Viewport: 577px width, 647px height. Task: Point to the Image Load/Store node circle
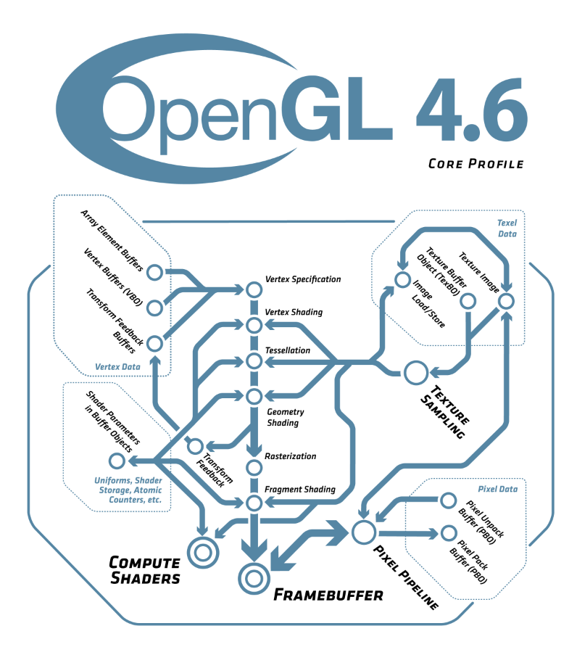pos(402,280)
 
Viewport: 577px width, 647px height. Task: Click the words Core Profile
pos(476,164)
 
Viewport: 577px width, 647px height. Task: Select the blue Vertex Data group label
pos(117,367)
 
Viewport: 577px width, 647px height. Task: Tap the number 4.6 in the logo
pos(472,110)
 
